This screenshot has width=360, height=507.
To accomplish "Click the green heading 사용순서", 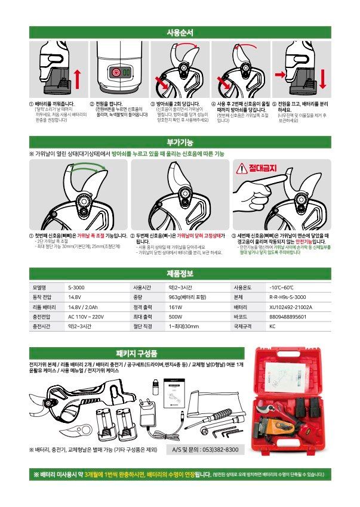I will coord(180,32).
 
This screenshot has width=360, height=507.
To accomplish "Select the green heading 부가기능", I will coord(180,141).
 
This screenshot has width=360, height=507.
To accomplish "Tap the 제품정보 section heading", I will coord(180,274).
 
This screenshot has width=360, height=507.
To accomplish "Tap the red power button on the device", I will coord(117,73).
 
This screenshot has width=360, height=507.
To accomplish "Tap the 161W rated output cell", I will coord(176,307).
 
